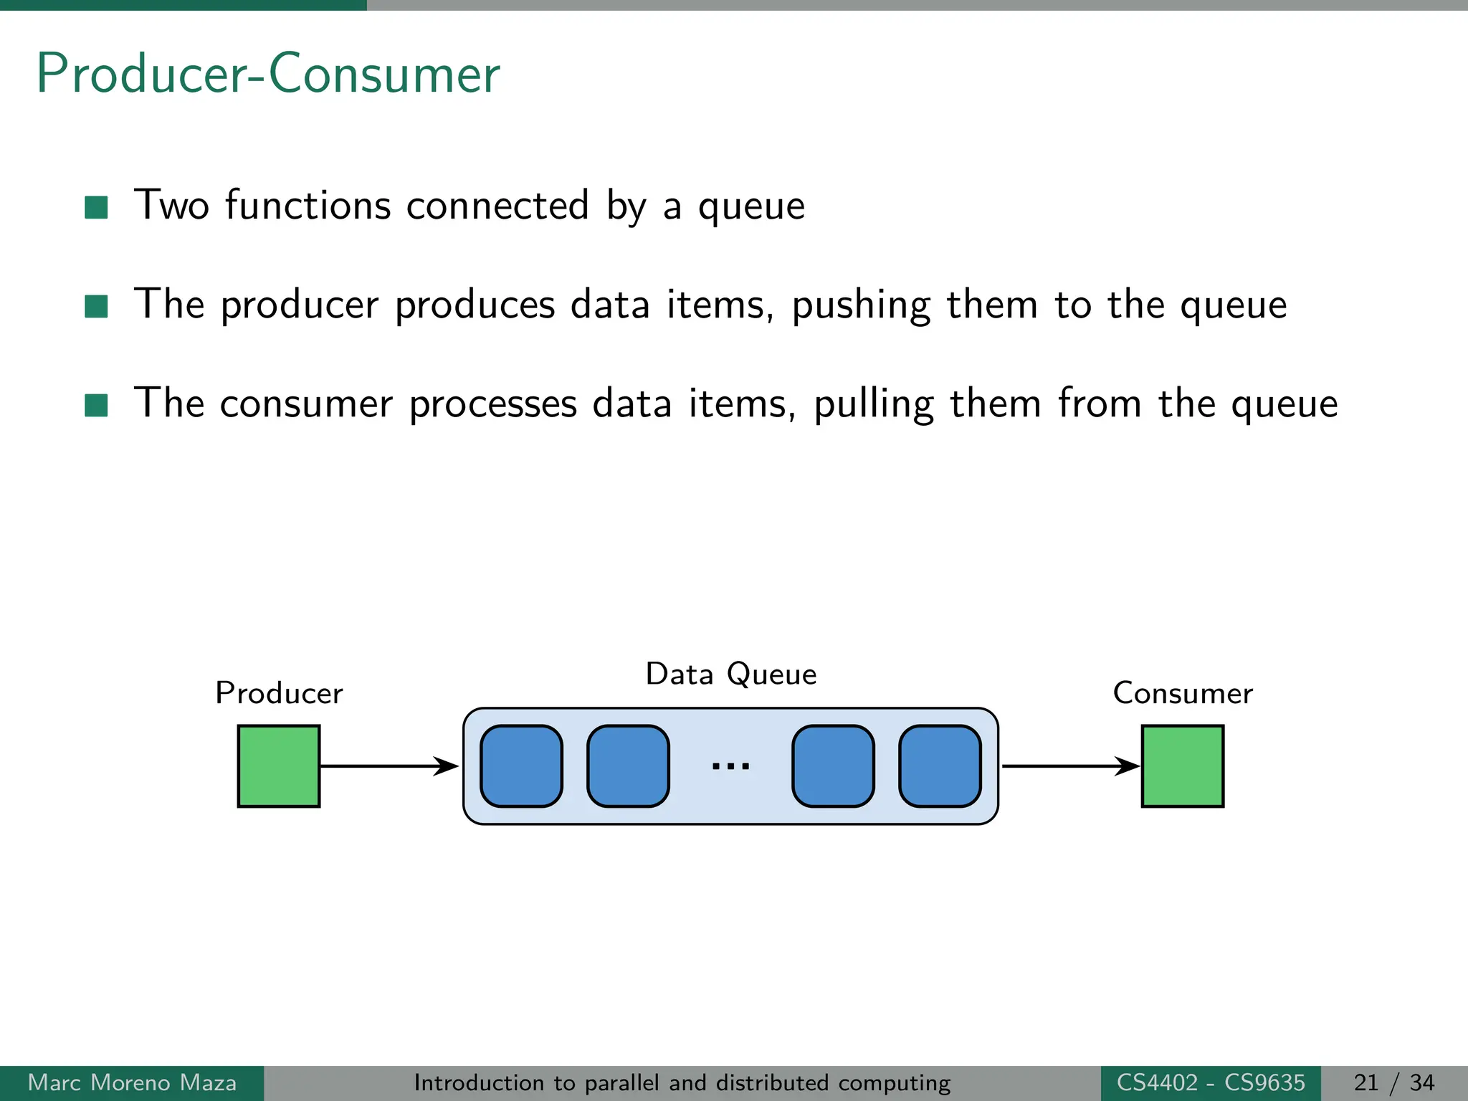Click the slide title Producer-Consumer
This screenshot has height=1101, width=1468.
267,74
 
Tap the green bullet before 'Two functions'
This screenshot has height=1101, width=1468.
96,207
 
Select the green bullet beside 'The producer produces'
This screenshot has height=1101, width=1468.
96,306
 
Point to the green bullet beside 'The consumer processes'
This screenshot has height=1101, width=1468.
96,405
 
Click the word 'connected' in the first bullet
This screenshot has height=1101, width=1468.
497,206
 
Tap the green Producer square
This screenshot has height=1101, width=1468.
279,766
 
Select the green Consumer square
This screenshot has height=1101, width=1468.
1182,766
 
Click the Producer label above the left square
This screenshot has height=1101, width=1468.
279,693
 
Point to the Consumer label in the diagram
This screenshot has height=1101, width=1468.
1182,693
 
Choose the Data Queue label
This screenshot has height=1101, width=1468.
730,675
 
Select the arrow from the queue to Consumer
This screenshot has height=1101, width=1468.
1069,766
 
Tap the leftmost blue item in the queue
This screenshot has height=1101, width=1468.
521,766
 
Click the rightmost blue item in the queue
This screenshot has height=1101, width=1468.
940,766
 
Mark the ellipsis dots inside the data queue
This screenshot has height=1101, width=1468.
730,766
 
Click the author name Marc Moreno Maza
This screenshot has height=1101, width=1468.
132,1082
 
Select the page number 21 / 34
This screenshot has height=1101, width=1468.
1393,1082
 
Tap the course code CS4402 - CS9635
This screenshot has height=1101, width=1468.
1211,1082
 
